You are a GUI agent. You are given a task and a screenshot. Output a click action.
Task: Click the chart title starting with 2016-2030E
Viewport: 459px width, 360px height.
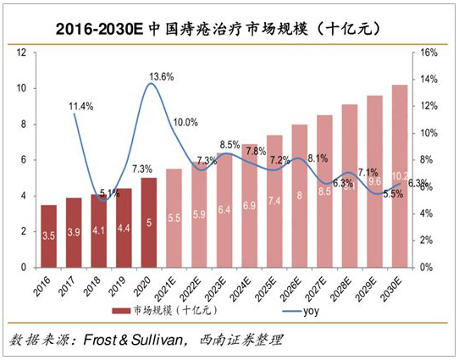[229, 28]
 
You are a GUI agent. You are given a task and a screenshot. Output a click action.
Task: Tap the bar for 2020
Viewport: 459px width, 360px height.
[149, 222]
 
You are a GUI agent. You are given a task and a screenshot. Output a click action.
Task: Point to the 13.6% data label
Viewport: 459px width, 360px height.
[161, 76]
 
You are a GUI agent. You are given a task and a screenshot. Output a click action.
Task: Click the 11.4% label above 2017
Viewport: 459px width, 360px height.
[81, 106]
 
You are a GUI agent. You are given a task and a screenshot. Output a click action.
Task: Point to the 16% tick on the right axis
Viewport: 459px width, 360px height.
[429, 53]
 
